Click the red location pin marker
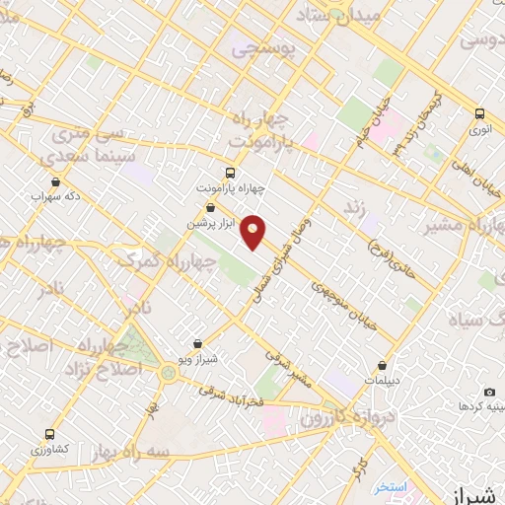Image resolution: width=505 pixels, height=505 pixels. click(254, 232)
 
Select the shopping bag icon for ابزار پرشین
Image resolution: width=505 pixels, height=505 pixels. click(211, 208)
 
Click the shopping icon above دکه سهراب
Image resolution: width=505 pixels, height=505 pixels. click(54, 181)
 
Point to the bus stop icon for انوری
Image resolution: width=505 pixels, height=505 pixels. click(480, 113)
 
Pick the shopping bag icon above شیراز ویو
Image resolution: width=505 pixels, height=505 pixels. click(200, 344)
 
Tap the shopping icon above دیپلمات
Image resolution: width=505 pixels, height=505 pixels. click(382, 366)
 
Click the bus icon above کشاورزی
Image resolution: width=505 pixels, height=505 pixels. click(49, 434)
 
